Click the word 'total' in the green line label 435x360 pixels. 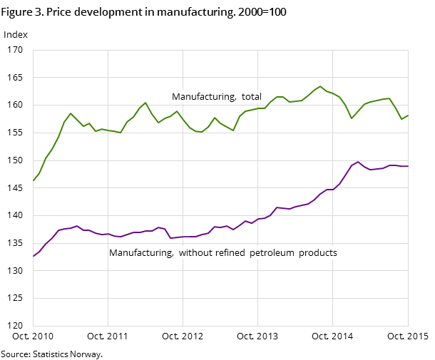point(251,97)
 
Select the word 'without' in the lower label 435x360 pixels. point(201,253)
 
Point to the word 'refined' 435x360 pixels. point(235,253)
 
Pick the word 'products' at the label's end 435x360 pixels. point(318,253)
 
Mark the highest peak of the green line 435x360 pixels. point(320,86)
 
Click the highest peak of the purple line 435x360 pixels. point(358,162)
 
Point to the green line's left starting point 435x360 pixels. point(33,181)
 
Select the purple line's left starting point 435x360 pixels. point(33,256)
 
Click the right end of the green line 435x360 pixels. point(408,115)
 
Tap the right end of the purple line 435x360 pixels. point(408,166)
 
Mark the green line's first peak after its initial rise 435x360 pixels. point(71,113)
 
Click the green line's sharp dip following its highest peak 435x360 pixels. point(352,118)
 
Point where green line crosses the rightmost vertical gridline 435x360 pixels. point(333,93)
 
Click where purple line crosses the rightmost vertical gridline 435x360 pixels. point(333,190)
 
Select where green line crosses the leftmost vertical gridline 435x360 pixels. point(108,130)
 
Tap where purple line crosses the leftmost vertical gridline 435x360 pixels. point(108,234)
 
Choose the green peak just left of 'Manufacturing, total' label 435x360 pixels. point(145,103)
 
